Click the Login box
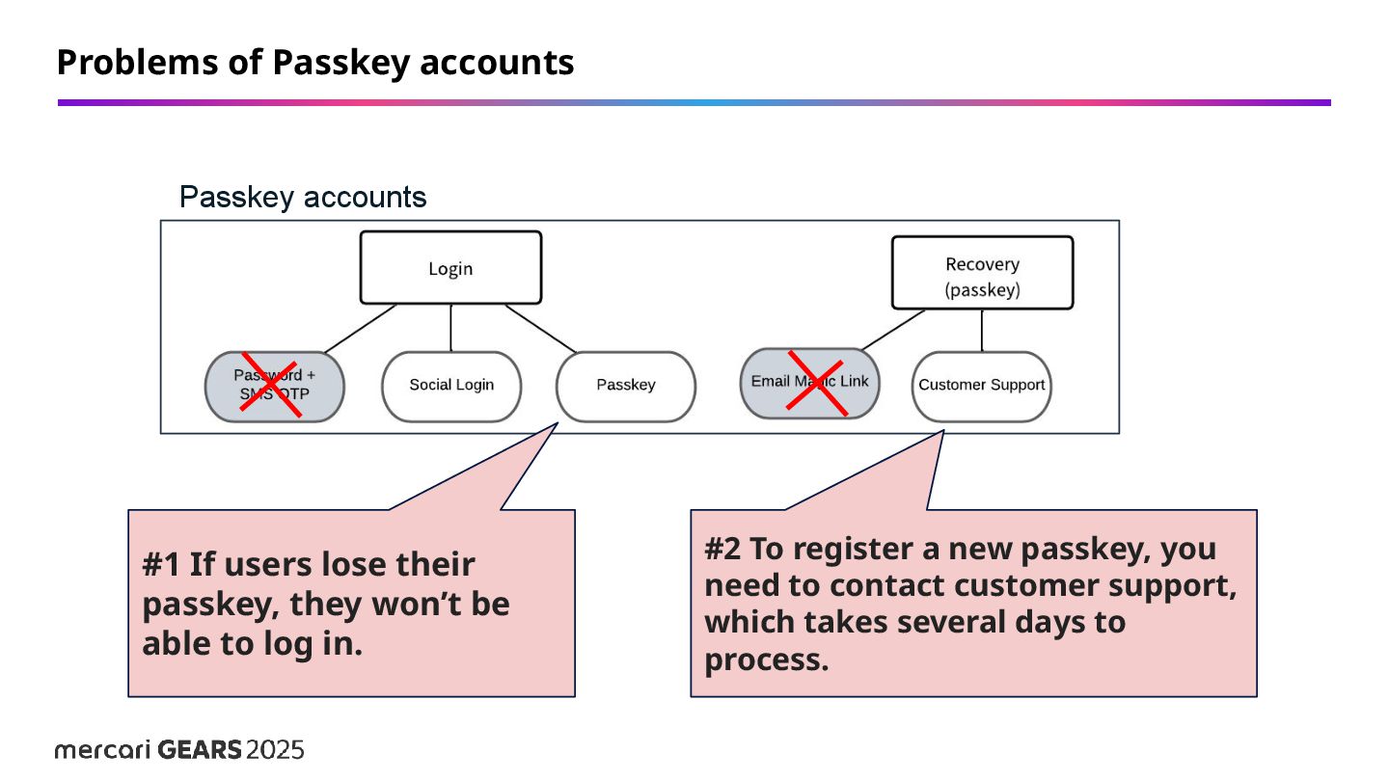pyautogui.click(x=450, y=268)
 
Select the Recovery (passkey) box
pyautogui.click(x=982, y=274)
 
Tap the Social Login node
pyautogui.click(x=451, y=386)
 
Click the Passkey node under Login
pyautogui.click(x=626, y=386)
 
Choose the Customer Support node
pyautogui.click(x=981, y=386)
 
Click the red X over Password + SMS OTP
pyautogui.click(x=270, y=386)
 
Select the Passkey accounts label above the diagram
pyautogui.click(x=303, y=198)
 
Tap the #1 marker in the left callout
pyautogui.click(x=162, y=565)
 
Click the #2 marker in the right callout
pyautogui.click(x=723, y=550)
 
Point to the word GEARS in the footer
pyautogui.click(x=199, y=750)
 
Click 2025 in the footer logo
pyautogui.click(x=276, y=750)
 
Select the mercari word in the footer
pyautogui.click(x=102, y=750)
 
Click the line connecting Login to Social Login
pyautogui.click(x=451, y=328)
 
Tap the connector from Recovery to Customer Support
pyautogui.click(x=982, y=331)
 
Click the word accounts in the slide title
pyautogui.click(x=498, y=63)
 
